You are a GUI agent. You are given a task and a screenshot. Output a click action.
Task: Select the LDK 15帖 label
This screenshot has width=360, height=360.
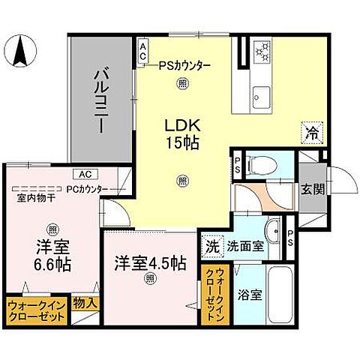coord(181,132)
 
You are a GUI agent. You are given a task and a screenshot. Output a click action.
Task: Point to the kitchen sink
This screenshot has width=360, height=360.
coord(262,97)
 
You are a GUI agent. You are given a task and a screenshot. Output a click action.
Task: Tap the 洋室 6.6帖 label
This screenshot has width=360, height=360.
coord(52,256)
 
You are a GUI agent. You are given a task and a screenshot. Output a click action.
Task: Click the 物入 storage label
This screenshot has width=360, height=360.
coord(84,304)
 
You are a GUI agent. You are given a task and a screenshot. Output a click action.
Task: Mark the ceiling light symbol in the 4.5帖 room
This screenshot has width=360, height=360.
coord(150,280)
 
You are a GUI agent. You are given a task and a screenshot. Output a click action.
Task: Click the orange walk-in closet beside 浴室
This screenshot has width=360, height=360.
coord(211,294)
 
